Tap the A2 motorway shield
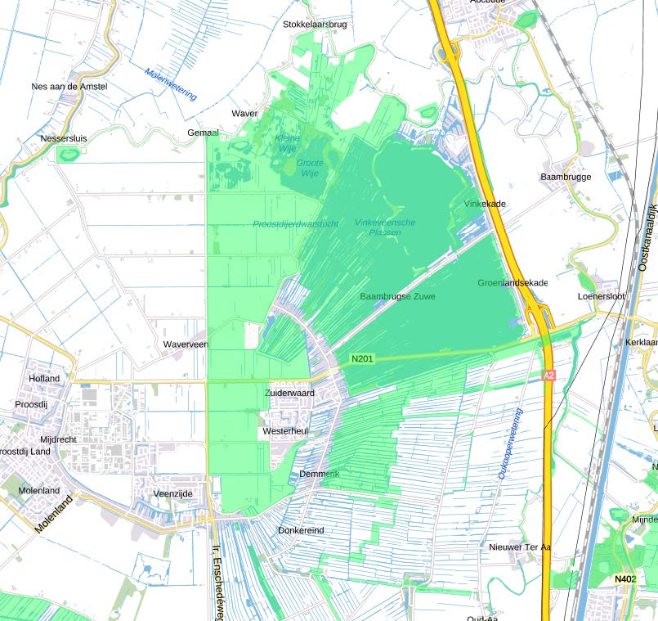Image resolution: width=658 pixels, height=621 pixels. (x=549, y=375)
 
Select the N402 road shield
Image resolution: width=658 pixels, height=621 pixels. (x=624, y=579)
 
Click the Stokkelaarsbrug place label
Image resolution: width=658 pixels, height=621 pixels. (x=315, y=25)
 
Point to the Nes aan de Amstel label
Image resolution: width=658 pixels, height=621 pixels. (x=69, y=86)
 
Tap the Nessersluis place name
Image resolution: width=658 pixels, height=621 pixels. (x=64, y=138)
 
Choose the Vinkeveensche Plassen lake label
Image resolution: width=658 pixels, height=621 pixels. (x=385, y=227)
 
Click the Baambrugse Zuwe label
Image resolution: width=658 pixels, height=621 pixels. (x=398, y=295)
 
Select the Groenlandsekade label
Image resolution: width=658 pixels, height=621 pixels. (x=513, y=282)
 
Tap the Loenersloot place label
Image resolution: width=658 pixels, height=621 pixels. (x=601, y=296)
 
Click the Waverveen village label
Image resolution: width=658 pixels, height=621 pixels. (x=186, y=344)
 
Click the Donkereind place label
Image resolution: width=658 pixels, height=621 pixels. (x=301, y=530)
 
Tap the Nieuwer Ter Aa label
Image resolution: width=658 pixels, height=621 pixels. (x=521, y=547)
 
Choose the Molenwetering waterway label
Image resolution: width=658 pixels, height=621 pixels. (x=171, y=83)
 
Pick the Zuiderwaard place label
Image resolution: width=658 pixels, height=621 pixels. (x=289, y=394)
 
